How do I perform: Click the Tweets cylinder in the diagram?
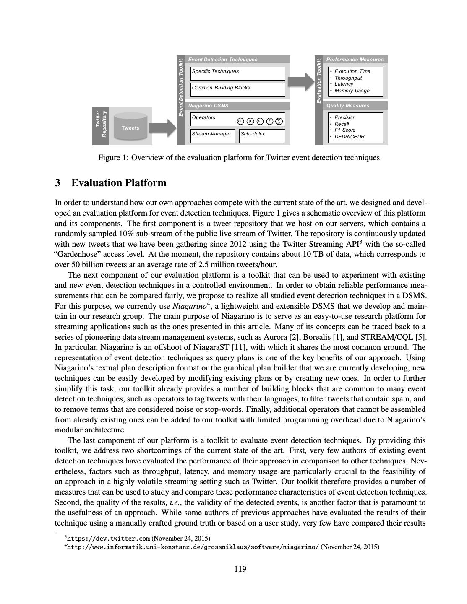130,126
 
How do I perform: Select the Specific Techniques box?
237,73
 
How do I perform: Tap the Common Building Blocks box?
237,89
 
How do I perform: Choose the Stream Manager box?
212,135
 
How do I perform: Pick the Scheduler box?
262,135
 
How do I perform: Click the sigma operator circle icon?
240,121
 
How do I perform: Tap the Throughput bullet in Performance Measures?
348,78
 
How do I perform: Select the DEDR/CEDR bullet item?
349,137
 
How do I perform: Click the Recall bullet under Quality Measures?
342,124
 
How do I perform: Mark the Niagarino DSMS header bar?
237,106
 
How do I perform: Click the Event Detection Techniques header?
237,60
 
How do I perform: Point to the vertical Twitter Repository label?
101,124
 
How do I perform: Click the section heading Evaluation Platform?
119,183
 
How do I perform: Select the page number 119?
240,569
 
